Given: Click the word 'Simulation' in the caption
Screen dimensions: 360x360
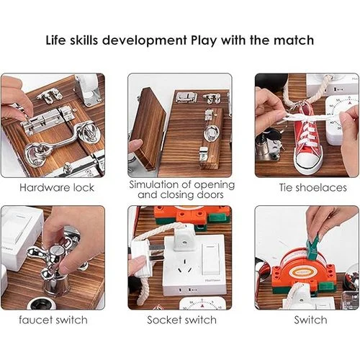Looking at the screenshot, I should (158, 184).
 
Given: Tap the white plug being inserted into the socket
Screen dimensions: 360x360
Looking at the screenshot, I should (143, 256).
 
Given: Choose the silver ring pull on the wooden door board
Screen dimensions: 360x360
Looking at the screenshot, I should (211, 133).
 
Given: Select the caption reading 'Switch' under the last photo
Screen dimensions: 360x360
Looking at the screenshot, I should (310, 319).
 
